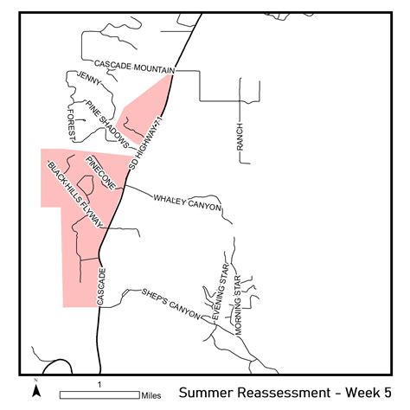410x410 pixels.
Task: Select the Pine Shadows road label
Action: tap(108, 123)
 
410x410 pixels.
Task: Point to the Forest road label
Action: tap(71, 122)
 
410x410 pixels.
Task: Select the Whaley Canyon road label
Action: tap(188, 202)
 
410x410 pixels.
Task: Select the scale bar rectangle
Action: tap(99, 394)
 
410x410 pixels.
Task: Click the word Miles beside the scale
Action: tap(151, 395)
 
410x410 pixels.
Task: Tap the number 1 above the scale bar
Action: tap(100, 383)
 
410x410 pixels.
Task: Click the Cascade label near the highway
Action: tap(101, 286)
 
